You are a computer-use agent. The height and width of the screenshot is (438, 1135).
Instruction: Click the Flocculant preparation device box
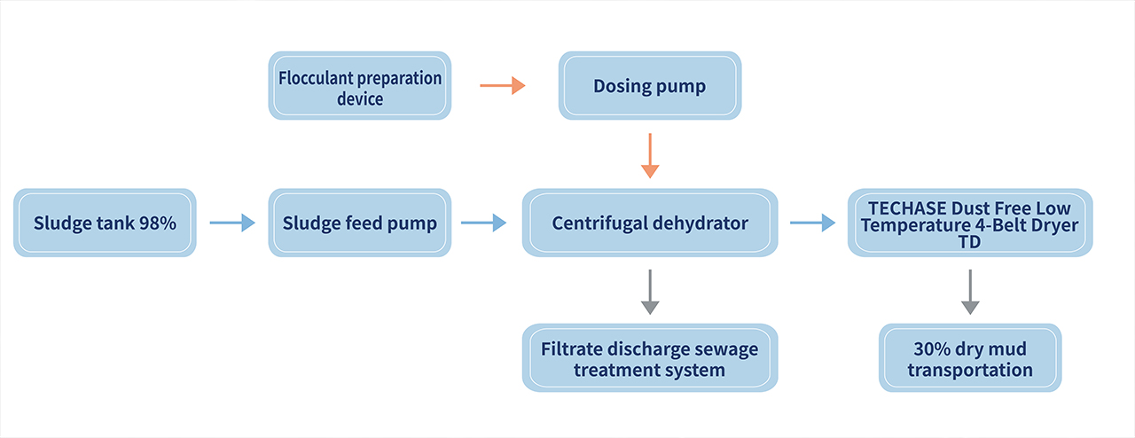coord(360,86)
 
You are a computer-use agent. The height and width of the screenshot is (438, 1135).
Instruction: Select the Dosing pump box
coord(650,86)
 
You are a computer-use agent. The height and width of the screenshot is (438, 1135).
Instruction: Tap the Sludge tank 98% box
coord(105,223)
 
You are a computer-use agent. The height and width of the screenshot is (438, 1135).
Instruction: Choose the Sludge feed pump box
coord(360,223)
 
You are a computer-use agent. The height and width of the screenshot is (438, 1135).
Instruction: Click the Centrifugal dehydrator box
coord(650,223)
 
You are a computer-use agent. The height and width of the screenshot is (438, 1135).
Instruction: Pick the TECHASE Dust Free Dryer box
coord(970,223)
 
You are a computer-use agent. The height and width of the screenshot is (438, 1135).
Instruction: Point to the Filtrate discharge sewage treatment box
coord(650,358)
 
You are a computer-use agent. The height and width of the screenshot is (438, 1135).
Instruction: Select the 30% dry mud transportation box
coord(970,358)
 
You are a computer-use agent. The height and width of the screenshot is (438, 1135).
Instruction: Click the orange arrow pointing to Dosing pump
coord(503,86)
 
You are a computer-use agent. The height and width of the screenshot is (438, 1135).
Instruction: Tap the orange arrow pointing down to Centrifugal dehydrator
coord(650,156)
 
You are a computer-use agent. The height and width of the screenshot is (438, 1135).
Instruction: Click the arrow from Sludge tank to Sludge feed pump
coord(232,223)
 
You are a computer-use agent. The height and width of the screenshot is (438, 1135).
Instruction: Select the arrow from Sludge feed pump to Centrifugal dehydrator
coord(484,223)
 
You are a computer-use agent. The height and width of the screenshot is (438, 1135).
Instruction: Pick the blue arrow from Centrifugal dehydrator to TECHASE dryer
coord(813,223)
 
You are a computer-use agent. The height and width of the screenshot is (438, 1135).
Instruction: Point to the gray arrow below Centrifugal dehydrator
coord(650,292)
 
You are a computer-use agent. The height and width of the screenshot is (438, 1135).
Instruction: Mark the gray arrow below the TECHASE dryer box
coord(970,292)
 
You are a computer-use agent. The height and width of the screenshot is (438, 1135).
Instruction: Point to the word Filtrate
coord(571,348)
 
